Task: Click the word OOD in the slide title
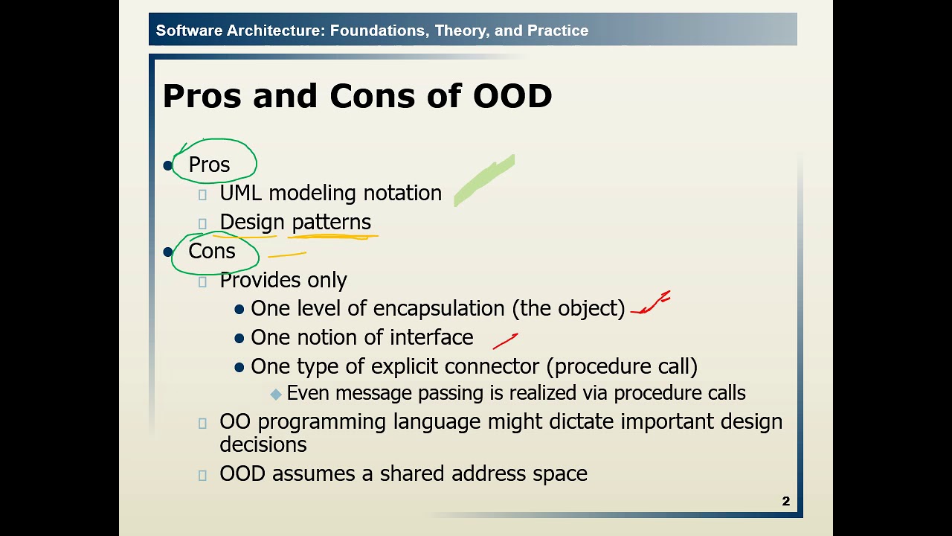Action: click(x=512, y=97)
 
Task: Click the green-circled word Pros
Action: click(x=209, y=165)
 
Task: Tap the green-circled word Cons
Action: click(x=212, y=252)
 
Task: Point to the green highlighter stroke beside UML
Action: click(x=483, y=181)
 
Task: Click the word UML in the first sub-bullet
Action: click(x=241, y=194)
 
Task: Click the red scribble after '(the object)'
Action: click(x=652, y=304)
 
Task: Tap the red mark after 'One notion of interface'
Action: click(x=505, y=341)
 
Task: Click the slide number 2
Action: click(x=785, y=501)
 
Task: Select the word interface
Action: click(x=431, y=338)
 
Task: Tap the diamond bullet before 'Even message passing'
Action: click(x=276, y=394)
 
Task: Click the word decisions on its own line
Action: click(x=263, y=445)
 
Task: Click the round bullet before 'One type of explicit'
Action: click(x=239, y=367)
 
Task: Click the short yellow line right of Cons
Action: click(x=287, y=255)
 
